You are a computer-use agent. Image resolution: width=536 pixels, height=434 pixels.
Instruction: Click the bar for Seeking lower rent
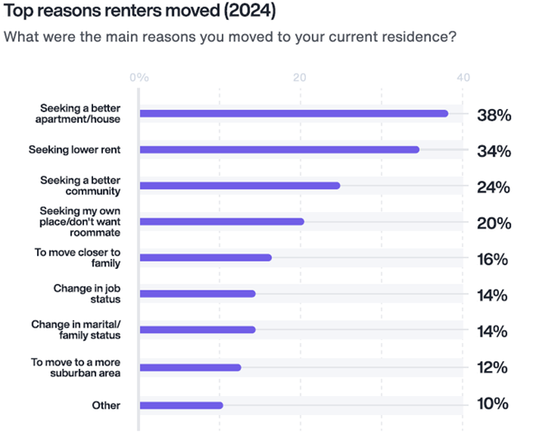[x=280, y=149]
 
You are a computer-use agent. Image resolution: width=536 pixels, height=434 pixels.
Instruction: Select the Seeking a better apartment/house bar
[x=294, y=113]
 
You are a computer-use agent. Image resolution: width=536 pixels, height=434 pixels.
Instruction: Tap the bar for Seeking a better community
[x=240, y=186]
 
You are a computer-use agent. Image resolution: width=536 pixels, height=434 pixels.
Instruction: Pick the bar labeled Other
[x=181, y=405]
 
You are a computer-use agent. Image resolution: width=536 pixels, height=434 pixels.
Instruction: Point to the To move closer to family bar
[x=205, y=257]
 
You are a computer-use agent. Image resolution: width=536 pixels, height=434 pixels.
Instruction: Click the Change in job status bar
[x=197, y=294]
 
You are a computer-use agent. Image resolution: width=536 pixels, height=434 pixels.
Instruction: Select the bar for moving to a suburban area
[x=190, y=367]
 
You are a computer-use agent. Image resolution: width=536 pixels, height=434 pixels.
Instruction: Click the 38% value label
[x=494, y=116]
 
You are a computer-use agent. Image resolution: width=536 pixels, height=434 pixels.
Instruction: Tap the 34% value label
[x=494, y=152]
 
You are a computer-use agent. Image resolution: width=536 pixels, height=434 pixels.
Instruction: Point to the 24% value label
[x=494, y=188]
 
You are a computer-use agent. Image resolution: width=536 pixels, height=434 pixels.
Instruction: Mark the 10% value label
[x=494, y=404]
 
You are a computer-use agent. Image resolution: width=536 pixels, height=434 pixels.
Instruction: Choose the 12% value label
[x=494, y=368]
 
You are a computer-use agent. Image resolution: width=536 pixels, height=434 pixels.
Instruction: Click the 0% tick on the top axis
[x=139, y=78]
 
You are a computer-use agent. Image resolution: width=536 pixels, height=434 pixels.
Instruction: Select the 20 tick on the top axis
[x=300, y=78]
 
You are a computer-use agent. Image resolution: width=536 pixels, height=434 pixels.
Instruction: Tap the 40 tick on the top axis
[x=463, y=78]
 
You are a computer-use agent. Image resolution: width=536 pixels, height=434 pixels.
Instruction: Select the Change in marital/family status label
[x=76, y=330]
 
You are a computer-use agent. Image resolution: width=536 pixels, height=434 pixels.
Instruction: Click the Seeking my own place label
[x=78, y=221]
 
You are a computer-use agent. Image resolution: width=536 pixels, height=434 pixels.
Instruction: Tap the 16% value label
[x=494, y=260]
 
